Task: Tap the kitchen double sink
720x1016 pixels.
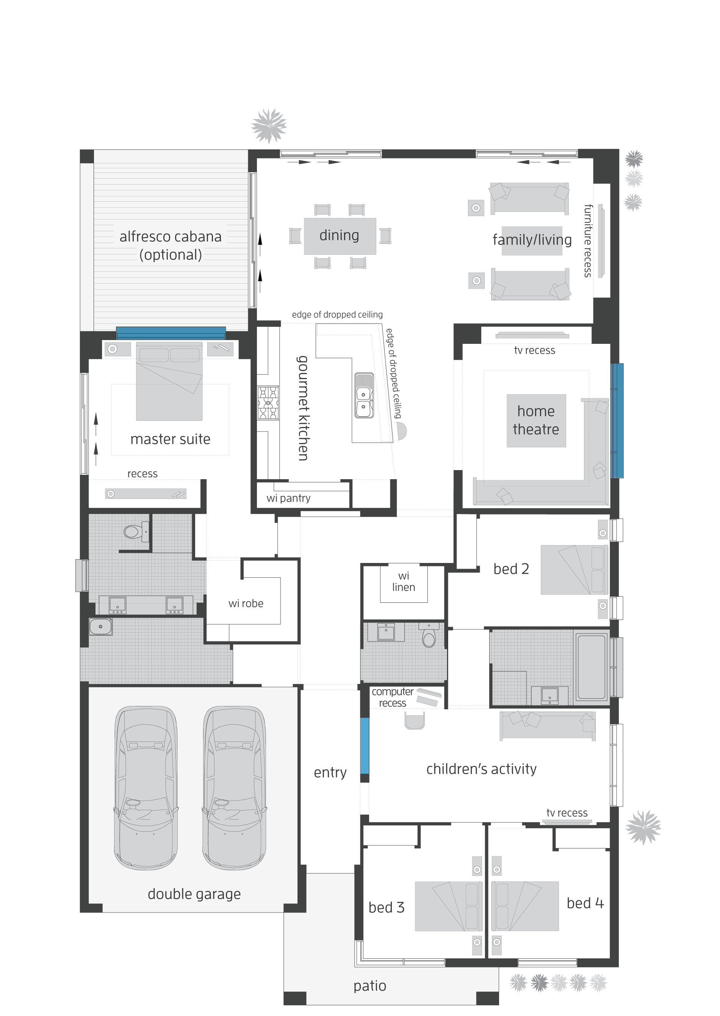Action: tap(363, 395)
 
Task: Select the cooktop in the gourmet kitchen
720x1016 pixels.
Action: tap(268, 403)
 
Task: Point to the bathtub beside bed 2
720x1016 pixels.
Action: tap(592, 666)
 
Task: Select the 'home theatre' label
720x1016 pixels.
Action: tap(535, 420)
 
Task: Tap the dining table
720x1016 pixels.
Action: tap(340, 236)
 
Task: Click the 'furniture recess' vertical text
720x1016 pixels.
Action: tap(587, 241)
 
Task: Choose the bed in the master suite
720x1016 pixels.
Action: tap(169, 381)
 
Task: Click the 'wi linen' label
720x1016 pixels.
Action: tap(404, 582)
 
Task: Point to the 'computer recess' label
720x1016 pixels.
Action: tap(392, 697)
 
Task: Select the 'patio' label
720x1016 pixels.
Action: tap(370, 985)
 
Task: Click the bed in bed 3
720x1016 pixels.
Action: tap(448, 906)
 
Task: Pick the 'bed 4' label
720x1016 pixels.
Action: tap(585, 903)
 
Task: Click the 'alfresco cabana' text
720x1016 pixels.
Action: tap(170, 237)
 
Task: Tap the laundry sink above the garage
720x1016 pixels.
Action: tap(101, 627)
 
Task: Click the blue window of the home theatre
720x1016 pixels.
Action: tap(617, 420)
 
